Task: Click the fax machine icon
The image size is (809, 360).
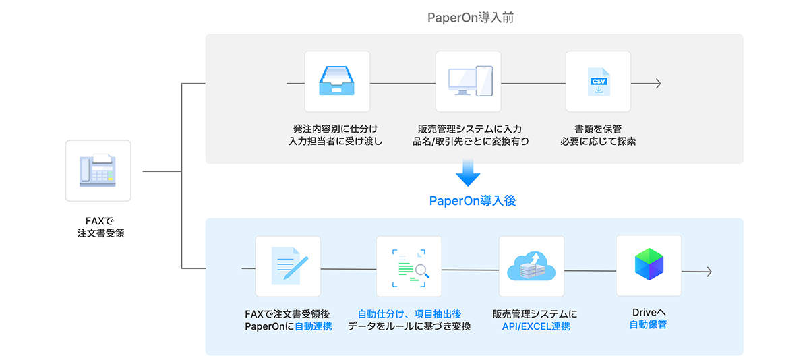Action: point(98,170)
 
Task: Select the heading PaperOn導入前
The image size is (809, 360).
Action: point(471,18)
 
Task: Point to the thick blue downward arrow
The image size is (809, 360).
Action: point(468,174)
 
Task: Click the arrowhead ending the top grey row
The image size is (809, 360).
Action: point(657,84)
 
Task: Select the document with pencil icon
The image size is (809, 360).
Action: point(289,266)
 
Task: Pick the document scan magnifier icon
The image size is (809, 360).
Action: point(409,266)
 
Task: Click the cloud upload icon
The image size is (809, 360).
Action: point(531,266)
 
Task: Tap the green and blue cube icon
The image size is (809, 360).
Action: point(649,265)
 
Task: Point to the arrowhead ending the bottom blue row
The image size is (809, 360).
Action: point(708,271)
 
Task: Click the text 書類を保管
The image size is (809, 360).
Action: point(598,129)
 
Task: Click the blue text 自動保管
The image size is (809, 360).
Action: point(649,325)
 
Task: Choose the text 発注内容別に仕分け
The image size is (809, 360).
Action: point(336,129)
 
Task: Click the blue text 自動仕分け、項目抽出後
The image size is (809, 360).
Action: point(409,314)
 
